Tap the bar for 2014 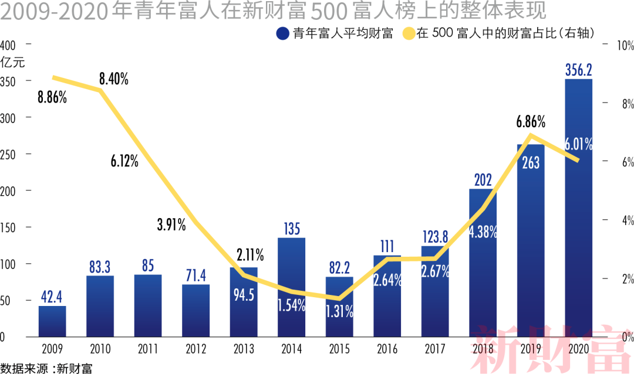(x=291, y=287)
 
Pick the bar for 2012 (x=195, y=311)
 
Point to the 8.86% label (x=52, y=97)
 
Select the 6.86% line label (x=531, y=123)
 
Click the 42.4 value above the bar (x=52, y=297)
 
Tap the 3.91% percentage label (x=171, y=224)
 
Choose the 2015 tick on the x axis (x=339, y=350)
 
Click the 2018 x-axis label (x=483, y=350)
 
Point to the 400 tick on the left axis (x=8, y=45)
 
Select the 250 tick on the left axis (x=8, y=154)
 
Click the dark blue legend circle (x=283, y=33)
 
